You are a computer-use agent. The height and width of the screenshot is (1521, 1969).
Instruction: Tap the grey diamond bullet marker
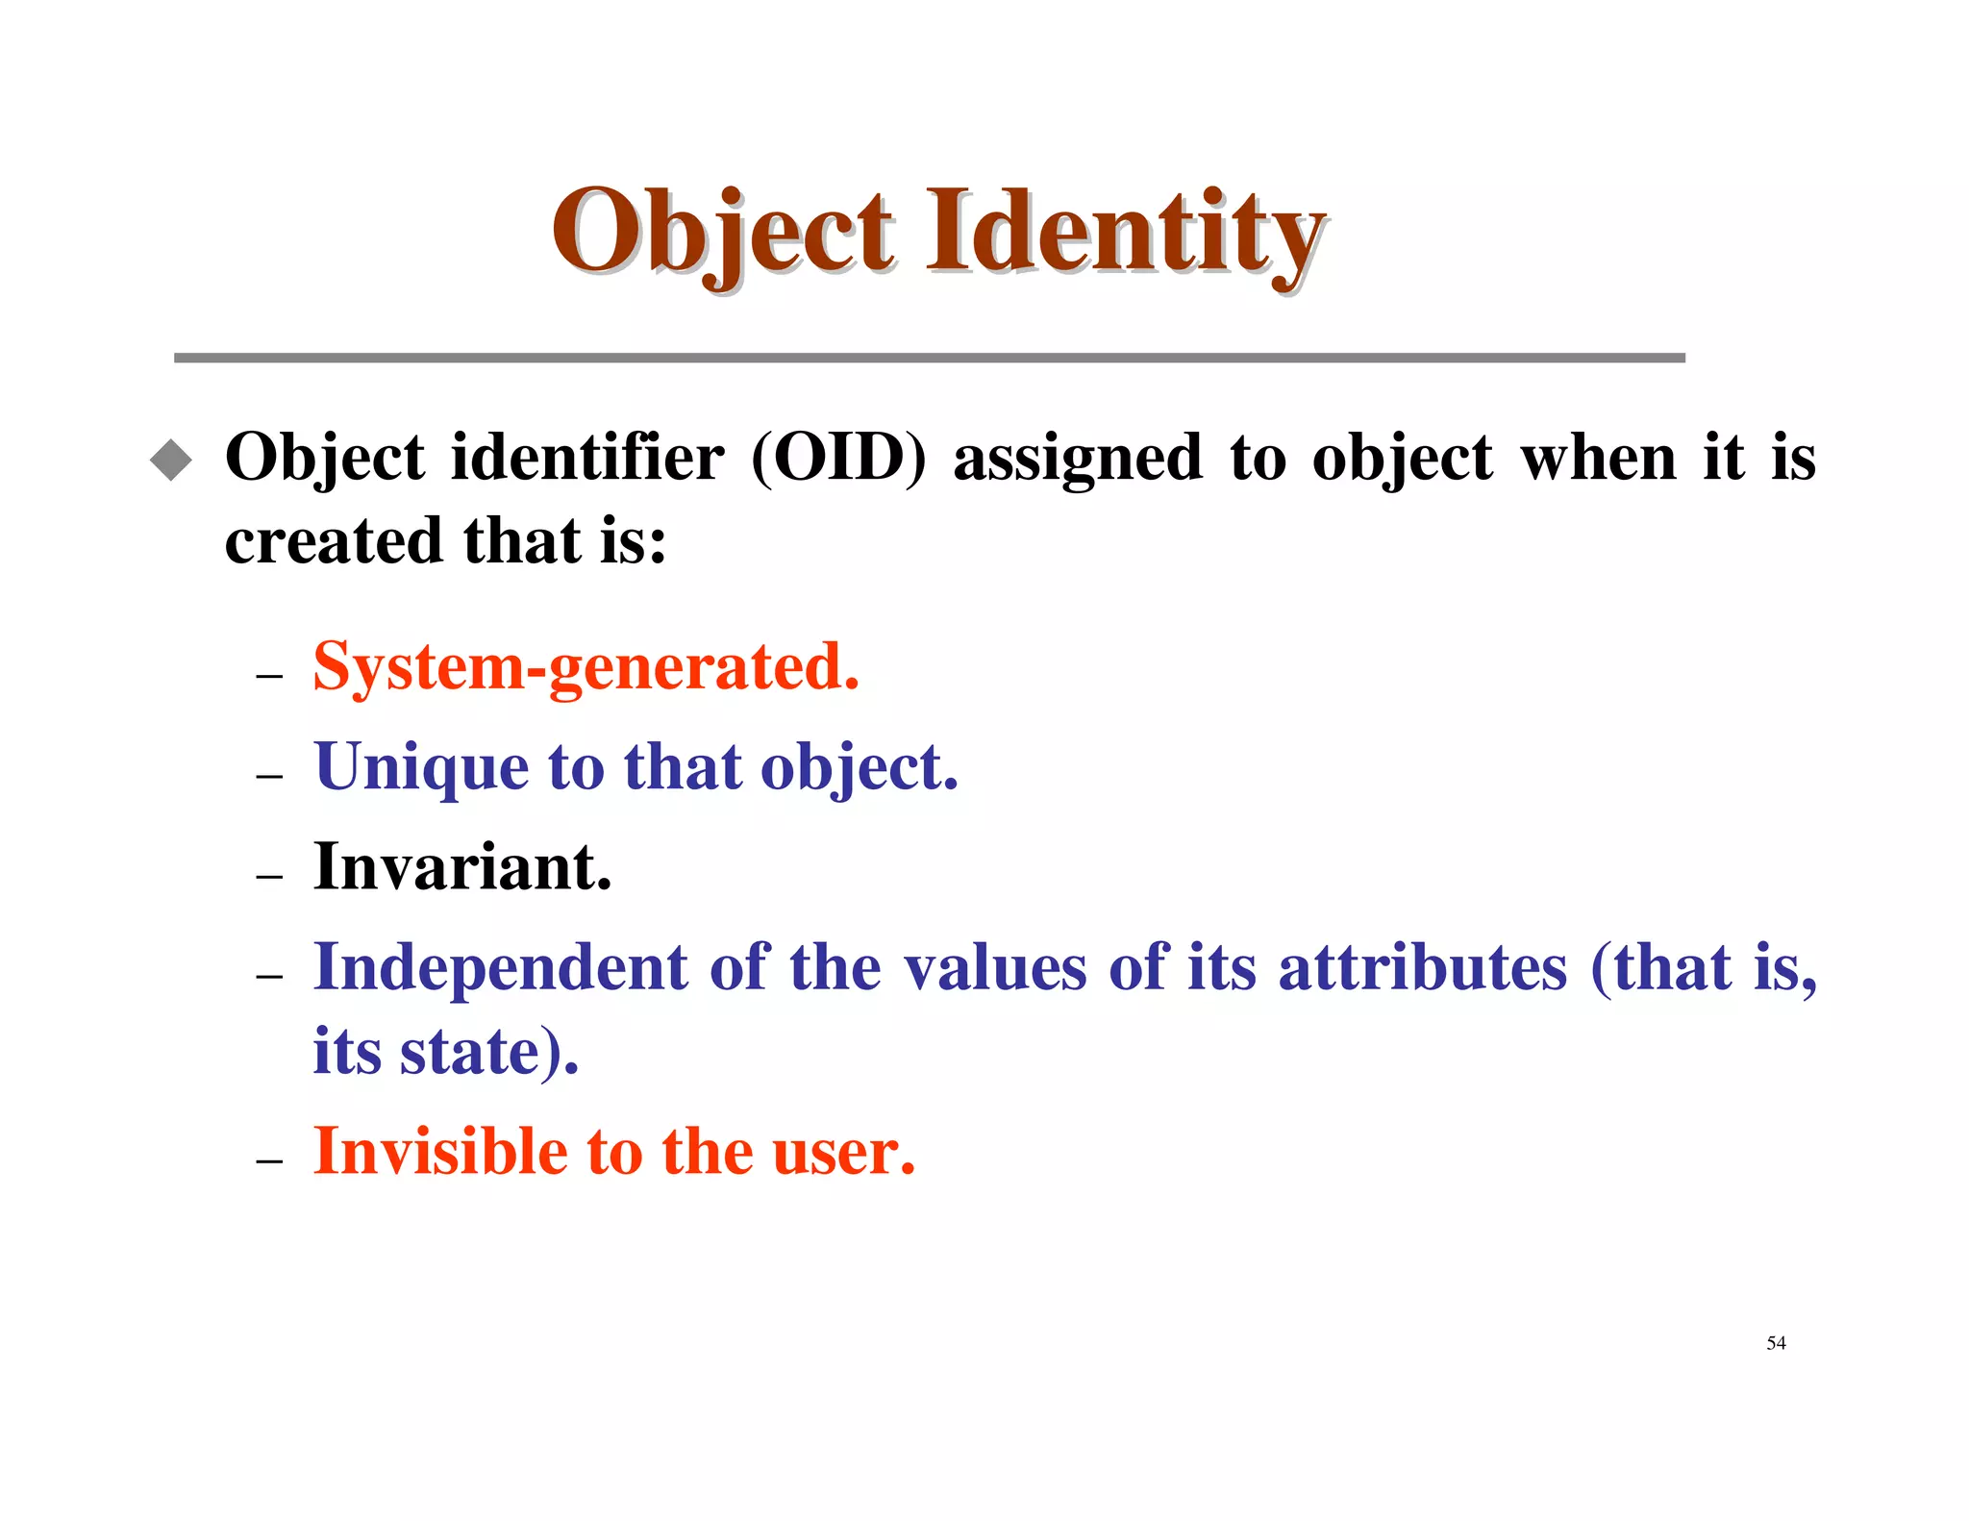pos(171,460)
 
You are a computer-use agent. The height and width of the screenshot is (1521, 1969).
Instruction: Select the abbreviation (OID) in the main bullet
pos(838,458)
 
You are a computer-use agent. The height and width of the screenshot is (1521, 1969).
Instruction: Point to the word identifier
pos(587,458)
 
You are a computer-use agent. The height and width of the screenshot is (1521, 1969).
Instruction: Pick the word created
pos(332,541)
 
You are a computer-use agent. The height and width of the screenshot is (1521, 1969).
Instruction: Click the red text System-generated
pos(586,667)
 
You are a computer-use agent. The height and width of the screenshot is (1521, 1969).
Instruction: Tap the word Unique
pos(420,768)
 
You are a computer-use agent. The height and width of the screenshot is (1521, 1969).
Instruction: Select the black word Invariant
pos(462,867)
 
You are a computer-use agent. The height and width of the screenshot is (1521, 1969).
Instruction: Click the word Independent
pos(500,967)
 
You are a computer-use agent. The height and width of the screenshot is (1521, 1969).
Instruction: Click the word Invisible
pos(440,1152)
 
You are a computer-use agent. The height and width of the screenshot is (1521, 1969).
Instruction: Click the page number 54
pos(1776,1343)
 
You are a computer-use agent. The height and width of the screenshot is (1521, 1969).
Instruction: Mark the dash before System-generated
pos(269,677)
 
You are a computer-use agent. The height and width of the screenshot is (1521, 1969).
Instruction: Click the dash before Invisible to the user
pos(269,1161)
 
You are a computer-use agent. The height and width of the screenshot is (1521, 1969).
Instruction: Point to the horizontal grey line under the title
pos(929,358)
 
